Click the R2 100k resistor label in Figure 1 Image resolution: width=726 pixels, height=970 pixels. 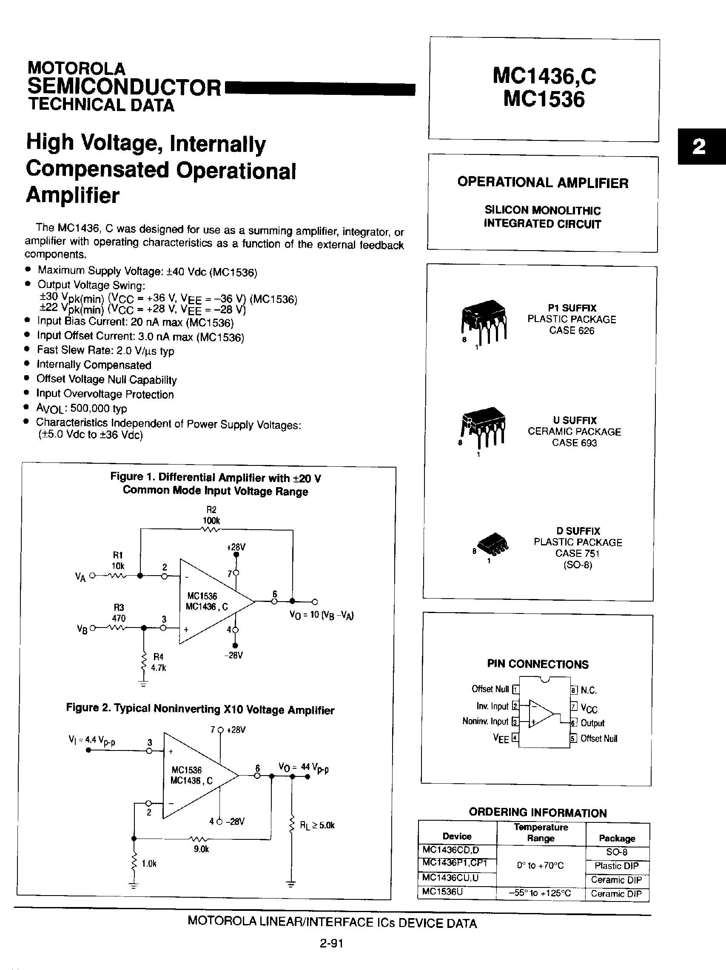(x=211, y=515)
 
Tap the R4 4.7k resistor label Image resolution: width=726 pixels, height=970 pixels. (x=158, y=662)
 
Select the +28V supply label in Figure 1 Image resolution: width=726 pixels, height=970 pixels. (x=236, y=547)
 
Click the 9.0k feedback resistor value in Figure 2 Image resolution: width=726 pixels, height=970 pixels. (x=201, y=849)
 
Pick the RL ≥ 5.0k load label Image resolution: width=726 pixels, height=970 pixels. (x=317, y=825)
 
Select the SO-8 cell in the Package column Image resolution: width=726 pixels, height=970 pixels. (x=616, y=852)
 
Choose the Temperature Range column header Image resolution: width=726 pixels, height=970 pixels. (x=541, y=832)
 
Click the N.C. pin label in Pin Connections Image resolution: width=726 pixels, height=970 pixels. (x=588, y=690)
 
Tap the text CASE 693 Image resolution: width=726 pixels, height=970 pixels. (x=574, y=443)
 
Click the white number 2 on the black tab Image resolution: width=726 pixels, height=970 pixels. (x=699, y=146)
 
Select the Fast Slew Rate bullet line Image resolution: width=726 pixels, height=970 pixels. (x=105, y=351)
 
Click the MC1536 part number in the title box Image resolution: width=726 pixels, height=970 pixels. (x=544, y=99)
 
